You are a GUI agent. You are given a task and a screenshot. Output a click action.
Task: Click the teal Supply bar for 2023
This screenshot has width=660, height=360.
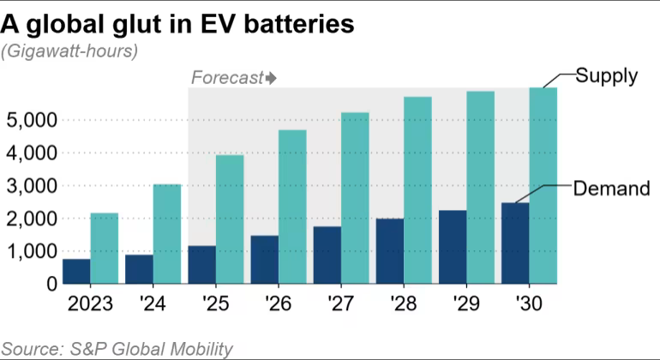tap(104, 249)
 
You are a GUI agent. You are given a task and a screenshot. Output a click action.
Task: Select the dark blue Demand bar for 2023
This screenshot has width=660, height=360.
tap(76, 271)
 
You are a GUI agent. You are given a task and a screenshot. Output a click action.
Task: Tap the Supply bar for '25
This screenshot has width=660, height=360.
tap(230, 219)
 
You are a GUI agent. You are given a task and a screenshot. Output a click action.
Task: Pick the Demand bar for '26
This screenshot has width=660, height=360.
tap(265, 260)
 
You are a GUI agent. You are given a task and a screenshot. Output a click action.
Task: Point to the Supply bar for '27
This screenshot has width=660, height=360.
tap(355, 198)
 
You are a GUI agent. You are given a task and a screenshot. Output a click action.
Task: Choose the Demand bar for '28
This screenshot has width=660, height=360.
tap(390, 251)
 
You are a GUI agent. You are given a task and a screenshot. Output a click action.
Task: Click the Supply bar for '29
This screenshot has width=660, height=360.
tap(480, 188)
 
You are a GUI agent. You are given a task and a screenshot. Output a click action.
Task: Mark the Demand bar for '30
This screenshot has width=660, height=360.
tap(516, 243)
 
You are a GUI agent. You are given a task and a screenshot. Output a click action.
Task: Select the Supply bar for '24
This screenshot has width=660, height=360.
tap(167, 234)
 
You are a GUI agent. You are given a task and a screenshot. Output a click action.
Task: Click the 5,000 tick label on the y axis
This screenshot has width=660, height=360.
tap(32, 120)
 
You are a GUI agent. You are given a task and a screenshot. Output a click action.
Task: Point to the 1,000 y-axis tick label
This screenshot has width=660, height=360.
tap(32, 252)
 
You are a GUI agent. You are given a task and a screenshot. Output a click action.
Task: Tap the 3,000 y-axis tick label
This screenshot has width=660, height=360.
tap(32, 186)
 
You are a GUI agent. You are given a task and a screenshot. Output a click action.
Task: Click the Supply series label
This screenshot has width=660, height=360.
tap(606, 75)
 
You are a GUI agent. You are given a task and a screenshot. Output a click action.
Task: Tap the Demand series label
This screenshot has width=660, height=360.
tap(610, 189)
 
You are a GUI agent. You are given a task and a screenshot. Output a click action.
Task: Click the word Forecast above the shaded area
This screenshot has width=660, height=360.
tap(226, 78)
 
